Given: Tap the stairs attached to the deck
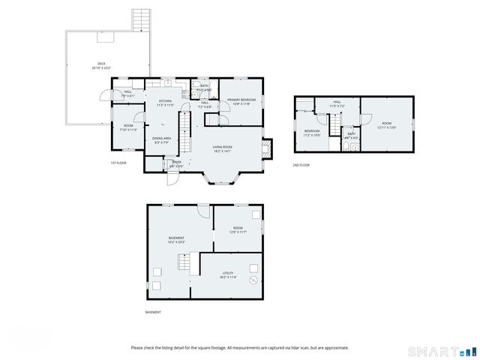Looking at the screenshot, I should point(140,20).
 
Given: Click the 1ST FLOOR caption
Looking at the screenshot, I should point(118,163).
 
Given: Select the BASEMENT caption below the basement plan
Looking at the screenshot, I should point(152,312).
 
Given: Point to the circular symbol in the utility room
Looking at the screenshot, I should point(253,280).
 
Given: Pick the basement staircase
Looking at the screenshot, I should point(185,264).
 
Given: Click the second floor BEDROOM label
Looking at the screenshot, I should point(312,133).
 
